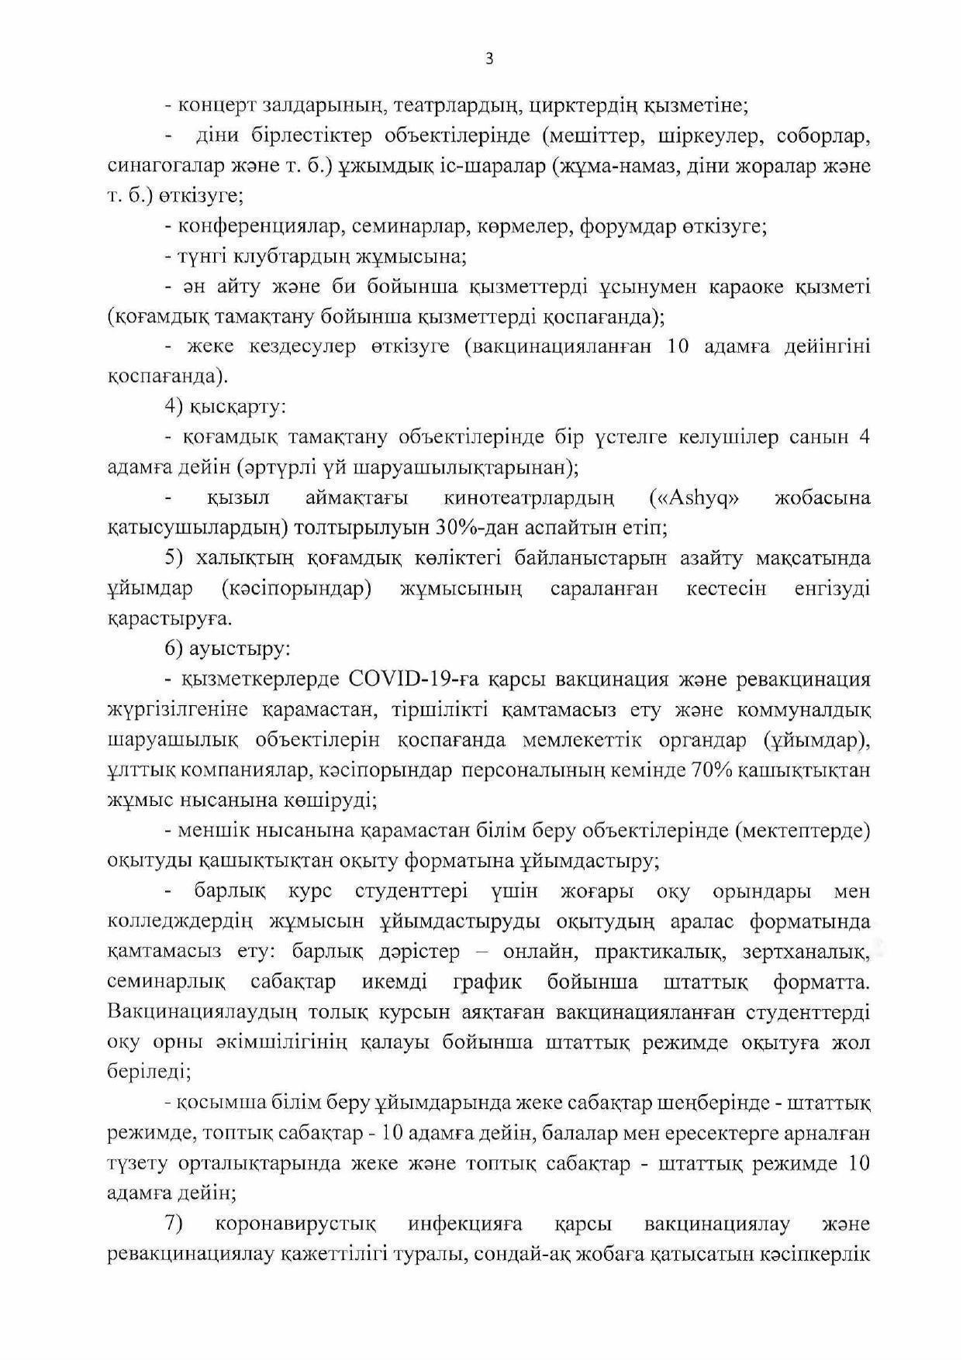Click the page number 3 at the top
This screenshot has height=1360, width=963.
[488, 59]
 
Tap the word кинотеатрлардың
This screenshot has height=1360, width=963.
[529, 498]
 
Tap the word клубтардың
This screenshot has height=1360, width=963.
[302, 257]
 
